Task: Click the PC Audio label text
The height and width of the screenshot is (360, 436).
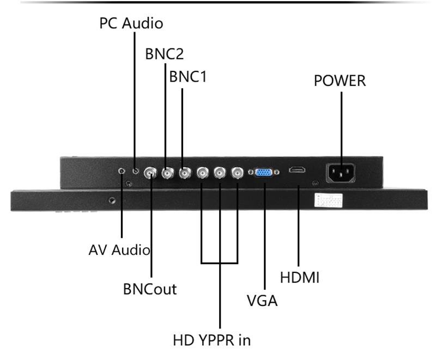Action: (x=131, y=23)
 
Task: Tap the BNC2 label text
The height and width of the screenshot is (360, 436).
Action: (x=164, y=54)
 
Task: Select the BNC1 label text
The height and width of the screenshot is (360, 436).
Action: (x=188, y=77)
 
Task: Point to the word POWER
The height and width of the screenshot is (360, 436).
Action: (x=340, y=81)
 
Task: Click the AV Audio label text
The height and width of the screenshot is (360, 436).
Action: (x=119, y=250)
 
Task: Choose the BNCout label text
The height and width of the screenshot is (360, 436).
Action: (x=150, y=289)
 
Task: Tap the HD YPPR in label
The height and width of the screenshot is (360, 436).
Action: (x=211, y=340)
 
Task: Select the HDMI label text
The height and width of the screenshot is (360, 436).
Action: (x=299, y=277)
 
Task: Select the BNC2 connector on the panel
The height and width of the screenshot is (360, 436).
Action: (x=166, y=173)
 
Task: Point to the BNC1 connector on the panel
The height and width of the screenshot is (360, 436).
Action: (x=184, y=173)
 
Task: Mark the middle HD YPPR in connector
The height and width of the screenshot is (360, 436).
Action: (x=220, y=173)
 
